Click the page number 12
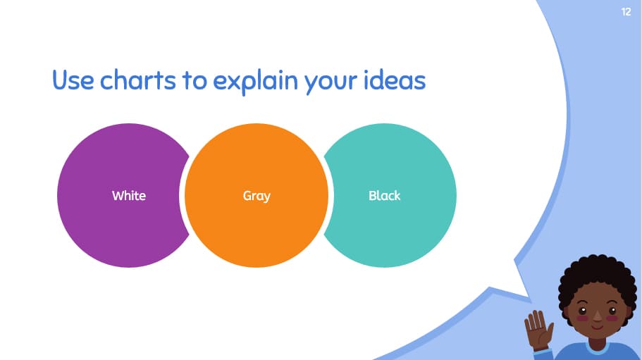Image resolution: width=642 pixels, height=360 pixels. tap(626, 12)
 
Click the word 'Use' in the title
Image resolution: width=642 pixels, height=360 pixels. tap(73, 80)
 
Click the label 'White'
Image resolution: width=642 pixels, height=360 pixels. tap(128, 196)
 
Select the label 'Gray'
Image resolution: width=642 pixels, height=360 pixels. tap(257, 196)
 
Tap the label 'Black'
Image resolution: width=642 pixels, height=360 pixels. tap(384, 196)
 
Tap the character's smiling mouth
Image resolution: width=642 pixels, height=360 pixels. tap(596, 327)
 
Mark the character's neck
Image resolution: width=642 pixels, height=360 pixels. tap(596, 340)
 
